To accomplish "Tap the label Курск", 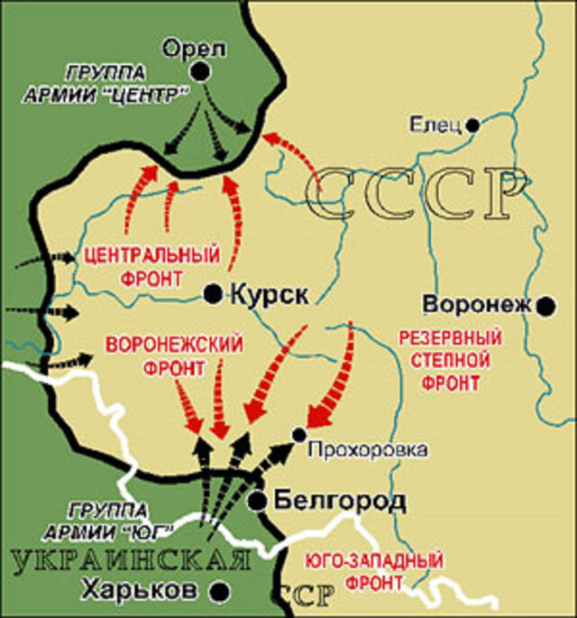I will pyautogui.click(x=270, y=294).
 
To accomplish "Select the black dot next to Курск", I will pyautogui.click(x=213, y=293).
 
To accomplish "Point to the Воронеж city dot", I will pyautogui.click(x=545, y=307).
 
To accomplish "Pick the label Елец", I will pyautogui.click(x=435, y=124).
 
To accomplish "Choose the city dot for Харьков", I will pyautogui.click(x=218, y=591).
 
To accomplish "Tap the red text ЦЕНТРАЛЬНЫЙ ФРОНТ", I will pyautogui.click(x=151, y=265).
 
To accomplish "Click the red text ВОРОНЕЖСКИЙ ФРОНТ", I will pyautogui.click(x=175, y=355).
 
